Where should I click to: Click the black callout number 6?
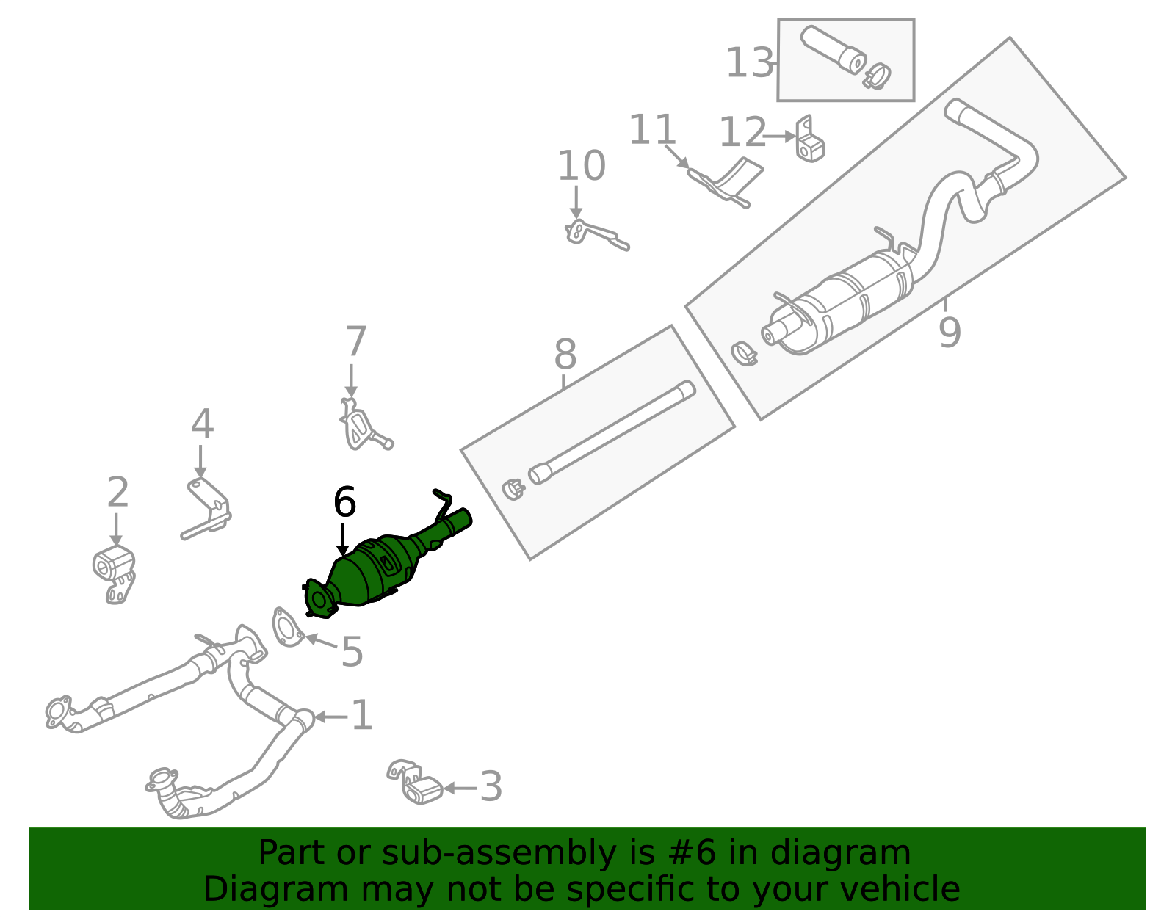coord(344,503)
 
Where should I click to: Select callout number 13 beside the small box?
coord(749,63)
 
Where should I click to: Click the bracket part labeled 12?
coord(809,141)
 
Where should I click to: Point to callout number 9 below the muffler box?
coord(949,333)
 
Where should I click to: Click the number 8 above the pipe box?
coord(565,355)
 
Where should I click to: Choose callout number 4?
coord(202,424)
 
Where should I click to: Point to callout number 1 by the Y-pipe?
coord(361,716)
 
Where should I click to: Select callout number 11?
coord(652,131)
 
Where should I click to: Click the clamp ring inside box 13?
coord(877,75)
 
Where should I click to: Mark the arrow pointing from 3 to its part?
coord(460,788)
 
